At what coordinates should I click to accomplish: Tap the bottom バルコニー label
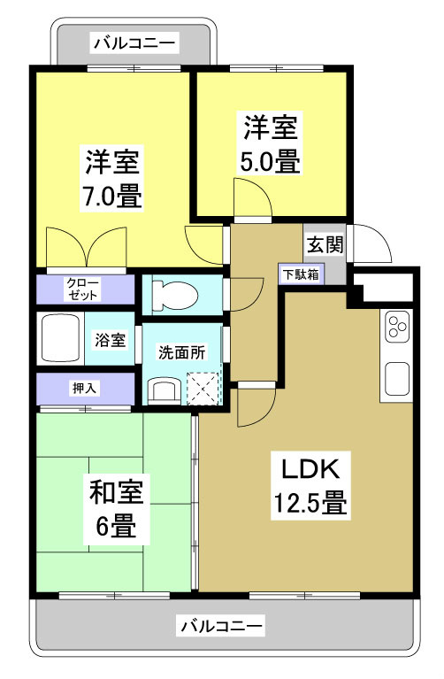222,626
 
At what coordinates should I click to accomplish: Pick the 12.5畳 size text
307,504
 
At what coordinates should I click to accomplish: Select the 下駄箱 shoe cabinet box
302,274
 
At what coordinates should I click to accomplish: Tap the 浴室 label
111,339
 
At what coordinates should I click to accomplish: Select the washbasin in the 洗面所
164,389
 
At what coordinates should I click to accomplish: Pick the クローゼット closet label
84,289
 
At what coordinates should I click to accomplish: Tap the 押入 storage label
84,387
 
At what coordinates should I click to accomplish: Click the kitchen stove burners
394,328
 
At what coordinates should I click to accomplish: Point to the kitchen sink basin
394,380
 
